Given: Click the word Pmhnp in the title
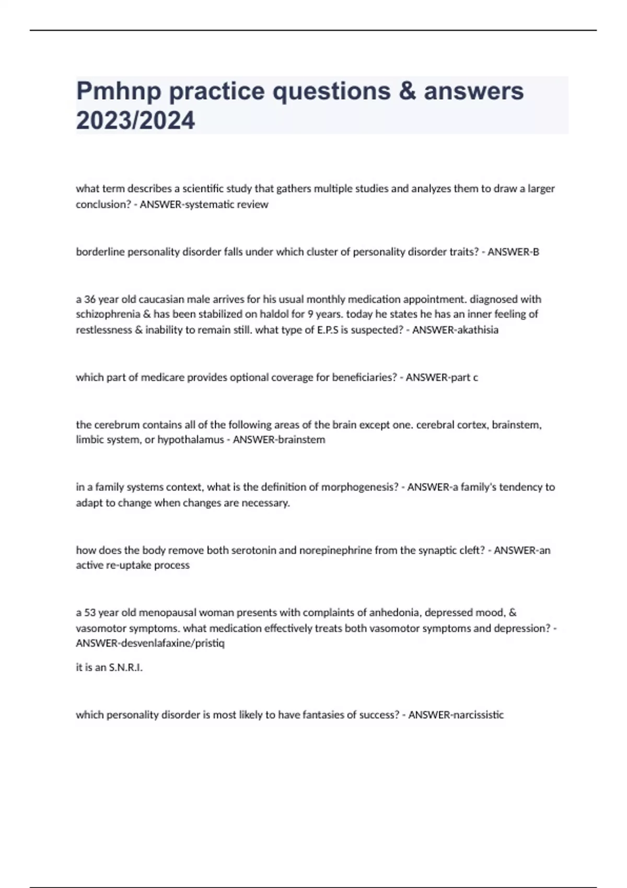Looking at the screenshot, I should pos(119,91).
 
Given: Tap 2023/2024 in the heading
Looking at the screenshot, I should pos(135,121).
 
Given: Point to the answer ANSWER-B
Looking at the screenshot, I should pos(513,252).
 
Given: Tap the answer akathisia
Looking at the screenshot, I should pos(477,330).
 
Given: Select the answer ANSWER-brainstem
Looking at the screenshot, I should pos(279,440).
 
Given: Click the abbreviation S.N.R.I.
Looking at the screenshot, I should pos(125,667).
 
